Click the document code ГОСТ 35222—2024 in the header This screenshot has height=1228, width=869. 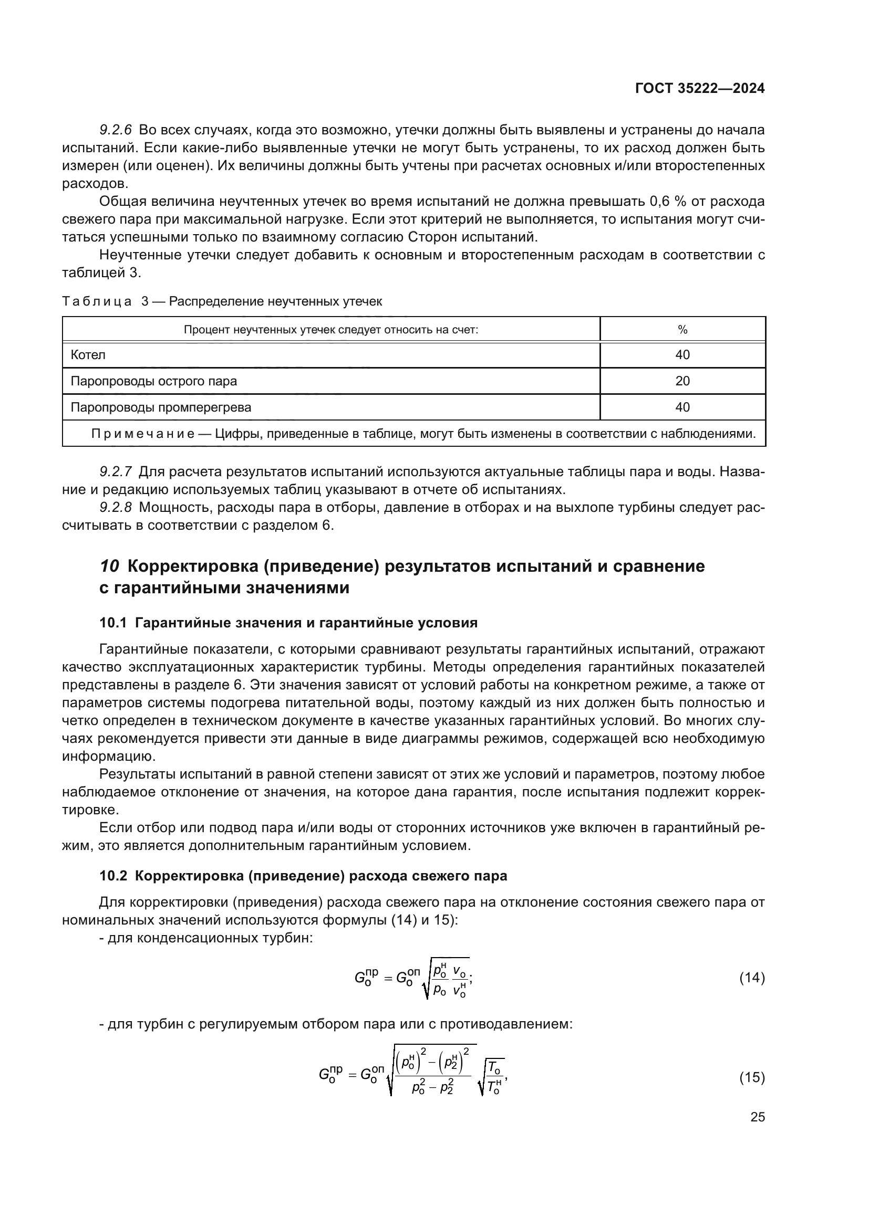[700, 89]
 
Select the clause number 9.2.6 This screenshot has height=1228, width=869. [116, 130]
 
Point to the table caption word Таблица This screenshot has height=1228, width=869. [97, 302]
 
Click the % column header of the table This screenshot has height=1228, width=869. [682, 330]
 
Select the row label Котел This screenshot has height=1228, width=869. [88, 354]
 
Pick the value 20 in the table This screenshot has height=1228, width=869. [682, 381]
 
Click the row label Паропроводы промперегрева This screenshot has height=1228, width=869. [161, 407]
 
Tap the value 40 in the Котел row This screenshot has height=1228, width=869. [682, 354]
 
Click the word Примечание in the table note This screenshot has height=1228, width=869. [143, 434]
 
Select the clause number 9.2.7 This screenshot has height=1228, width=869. [116, 472]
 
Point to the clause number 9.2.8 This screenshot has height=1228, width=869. [116, 508]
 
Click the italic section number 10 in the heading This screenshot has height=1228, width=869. [110, 566]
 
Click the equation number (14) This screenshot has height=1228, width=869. [752, 978]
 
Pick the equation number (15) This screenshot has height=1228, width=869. [752, 1077]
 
